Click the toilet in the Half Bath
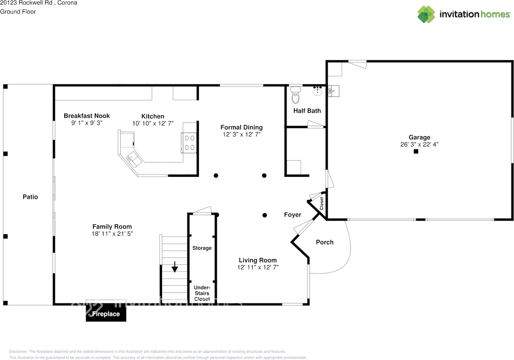(x=296, y=95)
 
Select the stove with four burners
(x=189, y=143)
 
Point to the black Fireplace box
(x=106, y=313)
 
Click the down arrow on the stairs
(x=175, y=267)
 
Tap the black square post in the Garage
(x=416, y=152)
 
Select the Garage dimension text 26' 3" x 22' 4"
(x=419, y=144)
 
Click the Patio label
(x=30, y=197)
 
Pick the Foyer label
(x=293, y=215)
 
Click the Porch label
(x=325, y=242)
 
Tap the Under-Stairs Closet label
(x=202, y=293)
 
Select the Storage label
(x=202, y=248)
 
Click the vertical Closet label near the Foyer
(x=322, y=204)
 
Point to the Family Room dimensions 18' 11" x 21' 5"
(x=112, y=234)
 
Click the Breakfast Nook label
(x=87, y=116)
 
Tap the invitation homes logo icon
(x=426, y=14)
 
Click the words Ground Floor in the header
(x=18, y=12)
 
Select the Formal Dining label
(x=242, y=127)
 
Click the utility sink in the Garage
(x=334, y=91)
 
